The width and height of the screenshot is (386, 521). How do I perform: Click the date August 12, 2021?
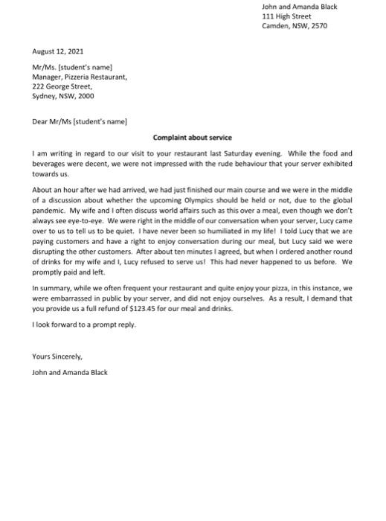58,51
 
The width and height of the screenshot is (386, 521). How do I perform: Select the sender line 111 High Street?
286,16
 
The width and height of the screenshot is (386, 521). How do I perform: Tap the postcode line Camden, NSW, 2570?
294,26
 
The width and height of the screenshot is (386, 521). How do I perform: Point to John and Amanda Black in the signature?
70,372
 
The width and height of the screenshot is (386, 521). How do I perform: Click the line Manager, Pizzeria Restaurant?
80,77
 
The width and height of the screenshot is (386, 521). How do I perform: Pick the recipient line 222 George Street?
62,86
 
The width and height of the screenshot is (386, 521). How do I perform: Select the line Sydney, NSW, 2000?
63,96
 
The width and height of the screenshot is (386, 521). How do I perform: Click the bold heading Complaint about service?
193,138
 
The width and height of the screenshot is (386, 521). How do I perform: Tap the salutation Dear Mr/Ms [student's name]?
80,121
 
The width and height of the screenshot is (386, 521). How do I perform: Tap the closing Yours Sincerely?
57,357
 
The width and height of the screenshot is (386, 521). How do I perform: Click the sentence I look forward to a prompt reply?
84,325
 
